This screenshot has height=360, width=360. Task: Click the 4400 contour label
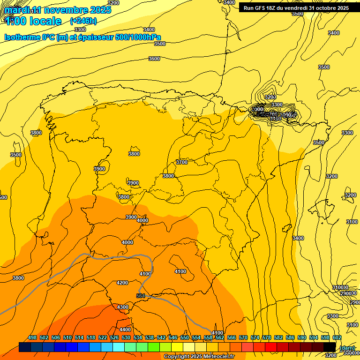[x=125, y=330]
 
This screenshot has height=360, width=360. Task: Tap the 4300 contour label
[x=123, y=307]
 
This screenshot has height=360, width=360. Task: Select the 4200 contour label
[x=122, y=283]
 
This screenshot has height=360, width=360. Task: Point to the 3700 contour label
[x=181, y=162]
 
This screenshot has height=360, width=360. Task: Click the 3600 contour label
[x=154, y=59]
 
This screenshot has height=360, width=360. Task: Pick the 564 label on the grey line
[x=141, y=296]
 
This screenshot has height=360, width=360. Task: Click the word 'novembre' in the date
[x=63, y=10]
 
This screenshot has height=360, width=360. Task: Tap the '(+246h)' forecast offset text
[x=83, y=21]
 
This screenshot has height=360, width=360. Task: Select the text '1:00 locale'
[x=33, y=21]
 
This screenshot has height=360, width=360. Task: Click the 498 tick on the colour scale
[x=32, y=337]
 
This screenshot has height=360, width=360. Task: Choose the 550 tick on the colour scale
[x=185, y=337]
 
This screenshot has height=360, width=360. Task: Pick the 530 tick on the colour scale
[x=126, y=337]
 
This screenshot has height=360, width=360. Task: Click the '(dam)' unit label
[x=347, y=348]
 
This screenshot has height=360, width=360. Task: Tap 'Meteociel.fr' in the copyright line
[x=216, y=357]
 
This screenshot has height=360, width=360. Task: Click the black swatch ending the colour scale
[x=330, y=347]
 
